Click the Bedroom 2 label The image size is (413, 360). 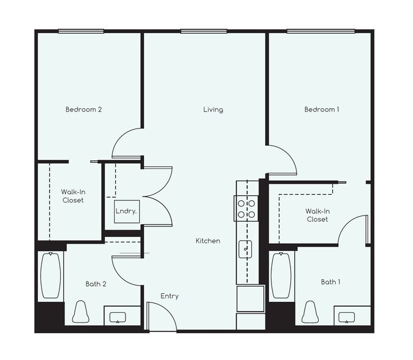(83, 110)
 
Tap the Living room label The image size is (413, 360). (213, 110)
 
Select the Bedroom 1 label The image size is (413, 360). (322, 110)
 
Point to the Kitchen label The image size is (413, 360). (208, 241)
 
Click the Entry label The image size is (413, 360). (170, 296)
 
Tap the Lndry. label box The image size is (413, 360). (126, 211)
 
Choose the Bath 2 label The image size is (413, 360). (96, 283)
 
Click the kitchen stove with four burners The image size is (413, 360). (246, 209)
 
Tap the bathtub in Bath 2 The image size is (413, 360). (50, 276)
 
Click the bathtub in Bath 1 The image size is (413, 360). (281, 276)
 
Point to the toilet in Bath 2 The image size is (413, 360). (80, 312)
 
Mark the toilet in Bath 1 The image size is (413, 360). (310, 312)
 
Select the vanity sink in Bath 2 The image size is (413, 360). (117, 317)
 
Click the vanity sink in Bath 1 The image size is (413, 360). (347, 317)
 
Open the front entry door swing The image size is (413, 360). (161, 316)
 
